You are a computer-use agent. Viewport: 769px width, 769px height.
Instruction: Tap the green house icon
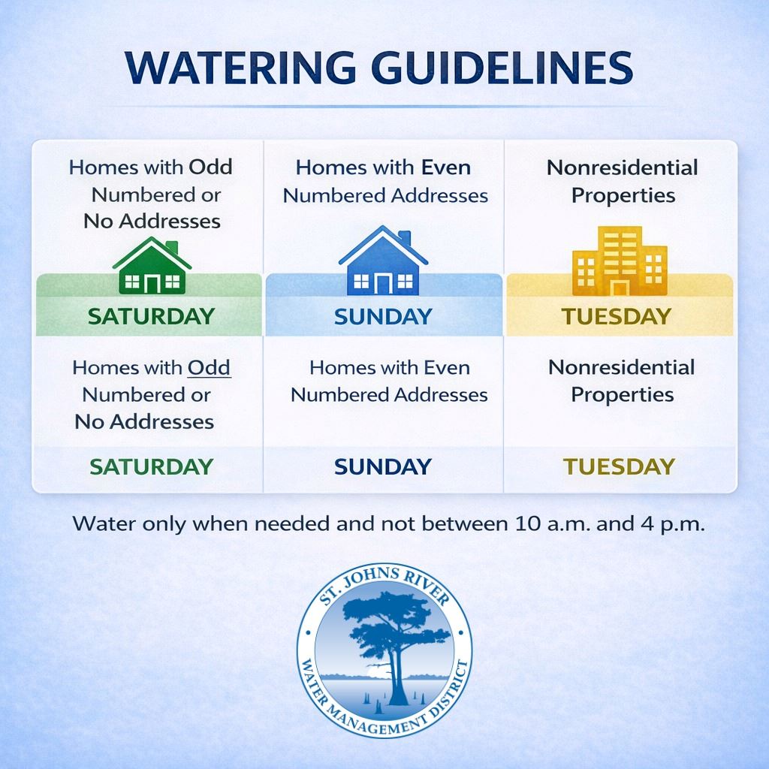point(152,265)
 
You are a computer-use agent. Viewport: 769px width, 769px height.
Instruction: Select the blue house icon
point(383,260)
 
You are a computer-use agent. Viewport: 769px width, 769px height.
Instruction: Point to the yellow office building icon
point(620,261)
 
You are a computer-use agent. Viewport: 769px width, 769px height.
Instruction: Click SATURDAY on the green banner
point(152,316)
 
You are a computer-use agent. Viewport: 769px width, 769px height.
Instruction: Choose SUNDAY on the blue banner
point(383,317)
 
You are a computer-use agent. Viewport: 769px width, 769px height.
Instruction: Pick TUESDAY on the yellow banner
point(616,316)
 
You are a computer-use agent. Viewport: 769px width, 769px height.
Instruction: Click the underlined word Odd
point(210,368)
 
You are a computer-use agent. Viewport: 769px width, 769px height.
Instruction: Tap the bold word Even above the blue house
point(446,167)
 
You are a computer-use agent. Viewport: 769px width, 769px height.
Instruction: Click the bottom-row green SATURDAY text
point(152,466)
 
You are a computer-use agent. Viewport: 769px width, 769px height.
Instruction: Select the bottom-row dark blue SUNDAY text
point(383,466)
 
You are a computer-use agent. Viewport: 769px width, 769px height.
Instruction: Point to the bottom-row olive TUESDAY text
point(619,466)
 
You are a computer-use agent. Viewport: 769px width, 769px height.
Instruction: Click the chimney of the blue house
point(405,238)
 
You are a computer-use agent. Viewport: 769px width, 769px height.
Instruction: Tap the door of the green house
point(152,285)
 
